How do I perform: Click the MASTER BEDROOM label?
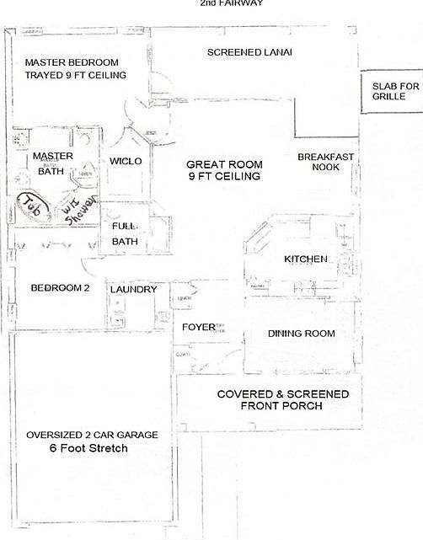(x=72, y=63)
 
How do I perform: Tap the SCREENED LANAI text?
(x=249, y=53)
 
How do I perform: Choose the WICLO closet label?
(x=126, y=161)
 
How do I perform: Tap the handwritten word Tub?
(x=31, y=206)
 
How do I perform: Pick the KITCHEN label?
(x=305, y=259)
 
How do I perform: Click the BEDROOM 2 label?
(x=60, y=288)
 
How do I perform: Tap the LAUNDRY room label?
(x=133, y=290)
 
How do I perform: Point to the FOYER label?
(x=199, y=327)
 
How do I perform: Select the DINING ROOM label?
(x=301, y=334)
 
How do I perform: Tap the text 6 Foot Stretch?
(x=88, y=449)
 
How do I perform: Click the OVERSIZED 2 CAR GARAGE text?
(x=91, y=435)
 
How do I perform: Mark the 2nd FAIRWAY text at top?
(x=232, y=3)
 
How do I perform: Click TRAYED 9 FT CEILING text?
(x=76, y=76)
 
